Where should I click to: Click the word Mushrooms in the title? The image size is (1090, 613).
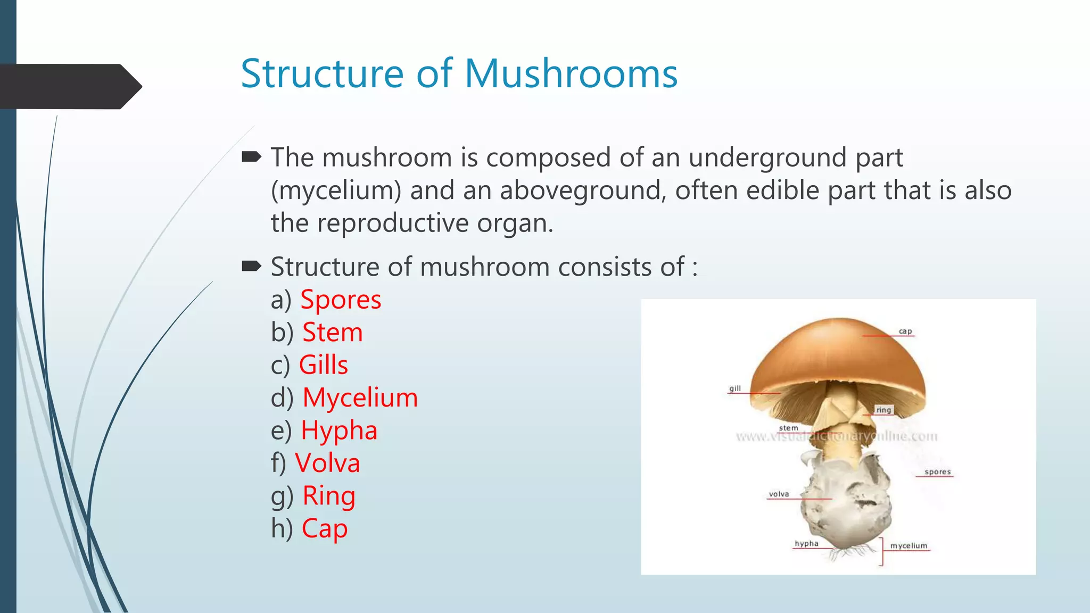(x=571, y=73)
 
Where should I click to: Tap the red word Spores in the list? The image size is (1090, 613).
(x=341, y=300)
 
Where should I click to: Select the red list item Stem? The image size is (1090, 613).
(x=333, y=333)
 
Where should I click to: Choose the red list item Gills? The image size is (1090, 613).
(x=323, y=365)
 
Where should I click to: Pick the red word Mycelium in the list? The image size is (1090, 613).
(x=360, y=397)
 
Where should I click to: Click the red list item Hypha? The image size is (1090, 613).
(x=339, y=430)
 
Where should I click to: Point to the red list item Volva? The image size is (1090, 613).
(x=327, y=463)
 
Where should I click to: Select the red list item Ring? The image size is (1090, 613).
(x=329, y=496)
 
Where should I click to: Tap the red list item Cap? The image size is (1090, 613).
(x=325, y=528)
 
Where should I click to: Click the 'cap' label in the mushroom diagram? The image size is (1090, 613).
(x=905, y=331)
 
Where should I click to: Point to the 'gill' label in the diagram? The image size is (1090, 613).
(x=735, y=388)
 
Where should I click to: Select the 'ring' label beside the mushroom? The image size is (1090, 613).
(x=883, y=410)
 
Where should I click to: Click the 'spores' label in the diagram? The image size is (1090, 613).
(x=937, y=472)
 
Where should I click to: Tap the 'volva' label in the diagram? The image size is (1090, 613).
(x=779, y=494)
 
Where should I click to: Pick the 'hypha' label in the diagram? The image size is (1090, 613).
(x=806, y=544)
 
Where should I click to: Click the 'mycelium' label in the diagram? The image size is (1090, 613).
(x=909, y=546)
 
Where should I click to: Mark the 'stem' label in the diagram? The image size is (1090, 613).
(x=788, y=428)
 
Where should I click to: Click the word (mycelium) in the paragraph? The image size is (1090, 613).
(x=336, y=190)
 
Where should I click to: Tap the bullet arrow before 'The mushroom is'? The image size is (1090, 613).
(x=251, y=156)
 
